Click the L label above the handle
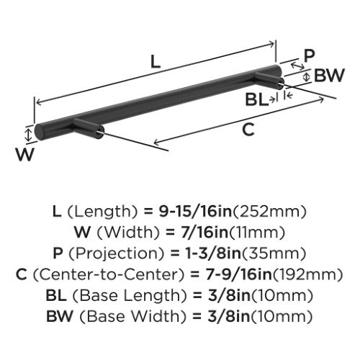coord(156,61)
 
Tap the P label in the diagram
coord(309,55)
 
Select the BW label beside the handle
coord(329,75)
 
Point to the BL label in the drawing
coord(256,99)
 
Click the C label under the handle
coord(248,130)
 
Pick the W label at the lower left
coord(25,154)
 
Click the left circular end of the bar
coord(39,132)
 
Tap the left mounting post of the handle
coord(89,128)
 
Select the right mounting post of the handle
coord(269,81)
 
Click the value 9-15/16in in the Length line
coord(195,211)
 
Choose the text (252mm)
coord(269,212)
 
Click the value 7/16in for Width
coord(204,232)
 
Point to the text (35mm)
coord(274,253)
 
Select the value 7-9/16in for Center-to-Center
coord(238,274)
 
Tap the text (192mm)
coord(308,274)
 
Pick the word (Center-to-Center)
coord(109,274)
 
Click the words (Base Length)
coord(130,295)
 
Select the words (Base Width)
coord(132,316)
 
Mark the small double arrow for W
coord(29,135)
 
